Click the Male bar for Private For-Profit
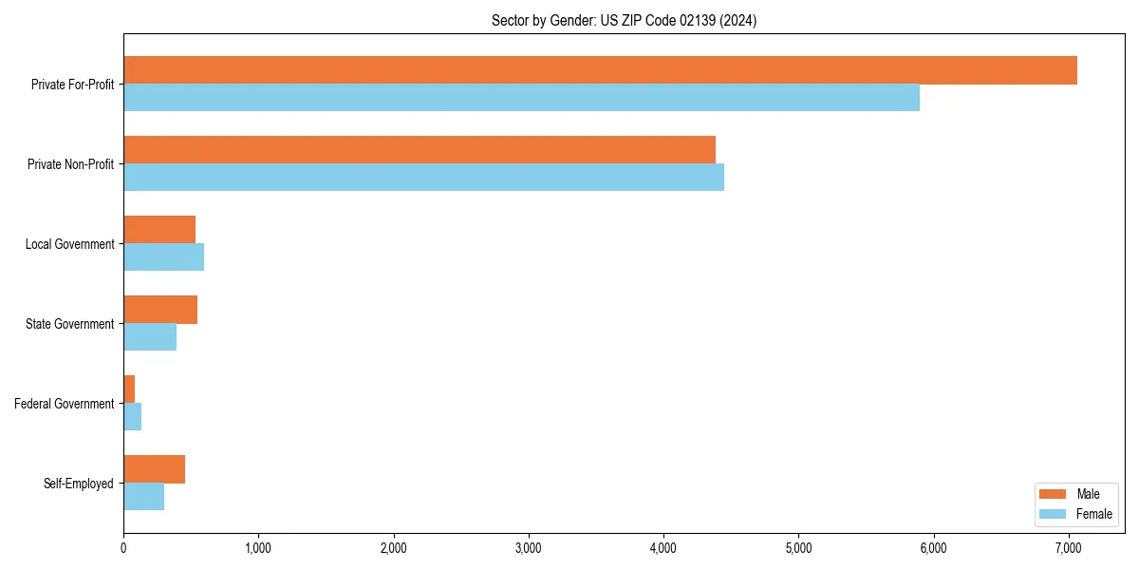(600, 70)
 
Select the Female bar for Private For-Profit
(521, 98)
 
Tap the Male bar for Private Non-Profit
(419, 150)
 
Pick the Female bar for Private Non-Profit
(423, 178)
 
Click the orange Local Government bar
(159, 230)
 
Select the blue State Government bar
(150, 337)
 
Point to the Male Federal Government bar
(129, 389)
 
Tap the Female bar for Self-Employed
(143, 497)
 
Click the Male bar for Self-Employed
(154, 469)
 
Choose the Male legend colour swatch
(1054, 494)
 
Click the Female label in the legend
(1094, 514)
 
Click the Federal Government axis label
(65, 404)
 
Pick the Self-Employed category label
(79, 484)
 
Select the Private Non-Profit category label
(70, 164)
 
